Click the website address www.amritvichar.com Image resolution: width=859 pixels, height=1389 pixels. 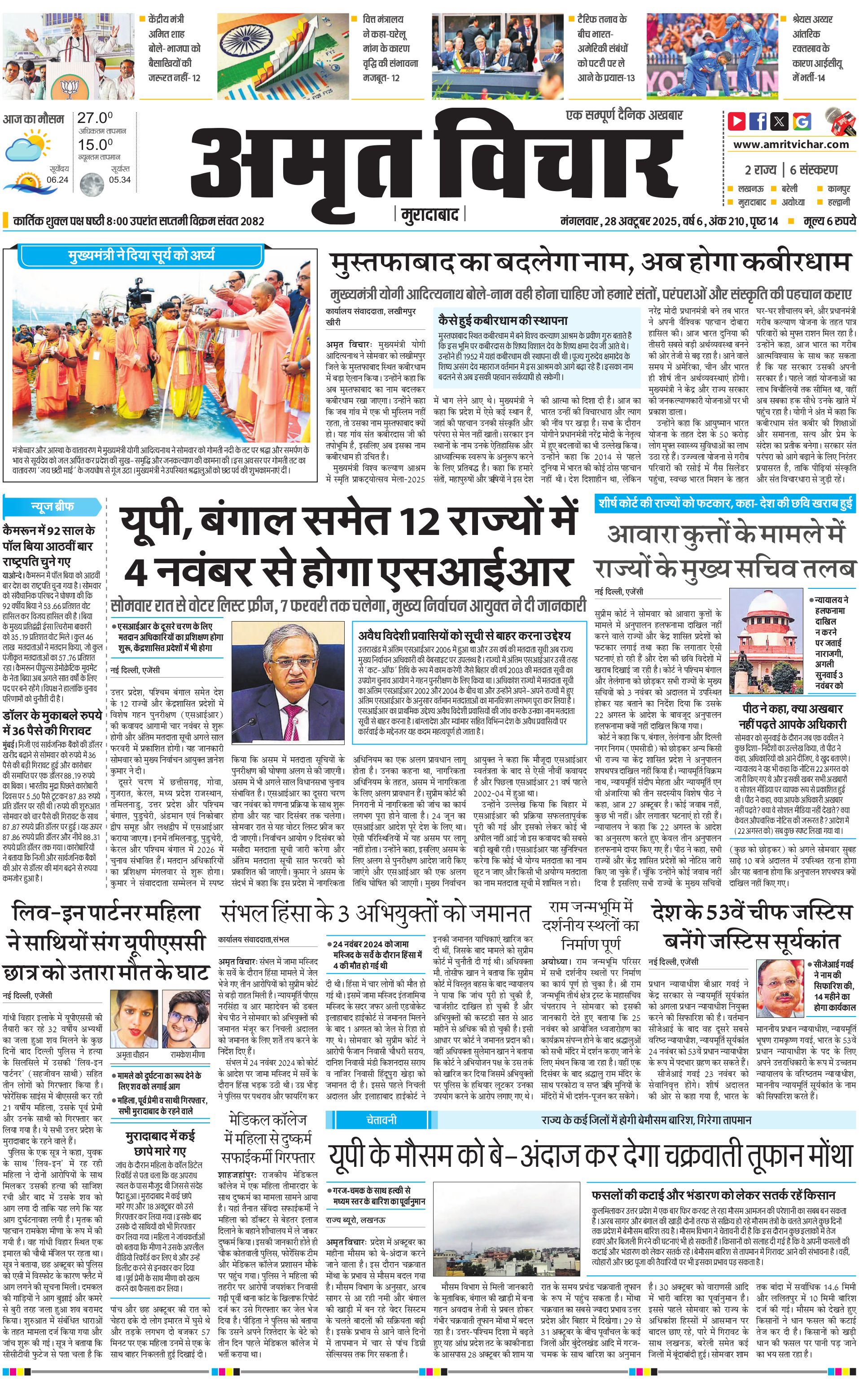point(791,145)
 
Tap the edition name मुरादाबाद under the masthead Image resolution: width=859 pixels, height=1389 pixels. point(429,215)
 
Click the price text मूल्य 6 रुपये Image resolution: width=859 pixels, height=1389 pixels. point(829,221)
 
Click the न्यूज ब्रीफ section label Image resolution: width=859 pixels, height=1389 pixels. point(52,506)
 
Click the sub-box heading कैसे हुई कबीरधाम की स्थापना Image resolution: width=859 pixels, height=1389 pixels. point(502,320)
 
